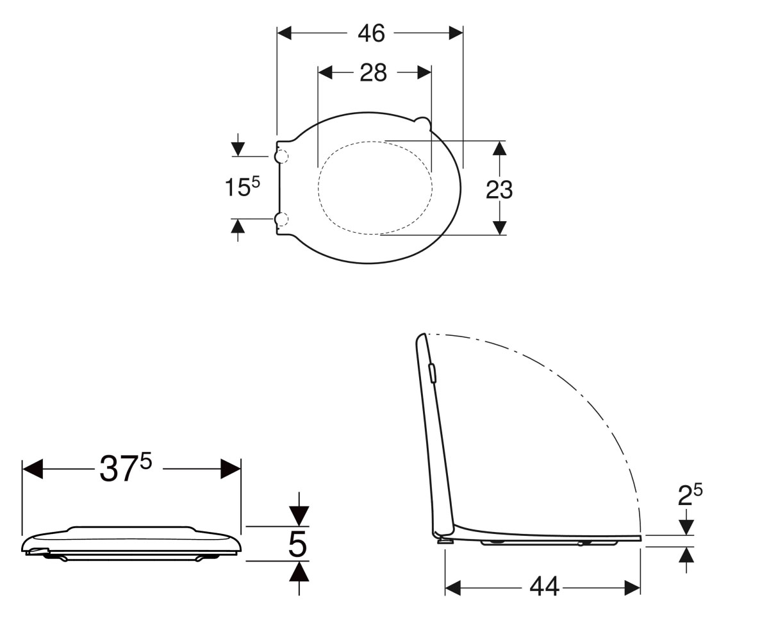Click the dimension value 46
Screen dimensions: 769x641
(x=371, y=33)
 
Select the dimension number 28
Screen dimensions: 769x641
(x=373, y=72)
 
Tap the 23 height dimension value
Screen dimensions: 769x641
(x=499, y=190)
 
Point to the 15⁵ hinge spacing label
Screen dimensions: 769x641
(x=242, y=187)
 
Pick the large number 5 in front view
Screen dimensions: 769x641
(x=297, y=544)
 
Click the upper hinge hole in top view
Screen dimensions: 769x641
(x=281, y=156)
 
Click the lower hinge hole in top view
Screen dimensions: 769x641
(x=281, y=220)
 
